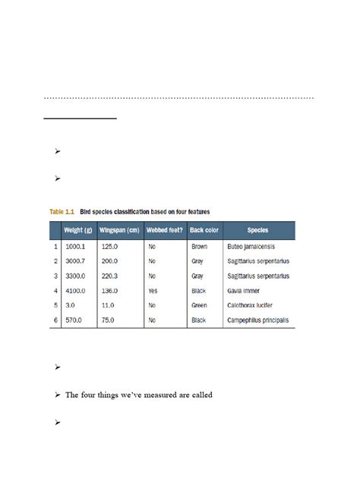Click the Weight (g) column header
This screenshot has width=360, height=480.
[x=79, y=229]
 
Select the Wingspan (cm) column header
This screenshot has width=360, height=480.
[x=120, y=229]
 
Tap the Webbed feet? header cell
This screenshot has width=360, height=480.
[x=164, y=229]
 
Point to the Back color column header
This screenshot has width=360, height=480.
[x=204, y=229]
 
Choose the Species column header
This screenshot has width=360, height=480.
[x=258, y=229]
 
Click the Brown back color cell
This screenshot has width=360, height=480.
[x=200, y=247]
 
